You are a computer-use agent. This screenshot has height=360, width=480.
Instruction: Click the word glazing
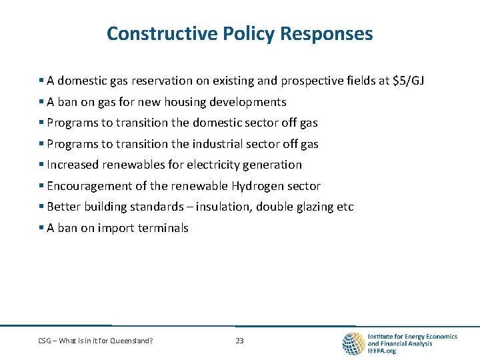(314, 207)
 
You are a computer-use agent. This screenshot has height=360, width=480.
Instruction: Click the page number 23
(239, 341)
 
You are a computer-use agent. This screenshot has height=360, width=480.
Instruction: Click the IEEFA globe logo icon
(353, 343)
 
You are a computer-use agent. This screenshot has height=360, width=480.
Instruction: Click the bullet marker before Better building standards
(41, 207)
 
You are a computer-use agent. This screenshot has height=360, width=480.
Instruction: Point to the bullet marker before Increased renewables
(41, 165)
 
